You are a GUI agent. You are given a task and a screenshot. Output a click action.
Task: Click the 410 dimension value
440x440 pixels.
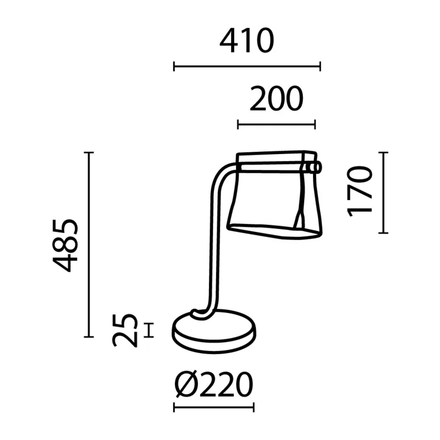(246, 41)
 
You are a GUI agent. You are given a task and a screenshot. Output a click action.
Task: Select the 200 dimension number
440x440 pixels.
(277, 98)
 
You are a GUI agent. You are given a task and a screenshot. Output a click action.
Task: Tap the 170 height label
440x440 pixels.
(360, 191)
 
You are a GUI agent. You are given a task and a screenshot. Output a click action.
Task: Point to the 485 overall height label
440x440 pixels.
(65, 245)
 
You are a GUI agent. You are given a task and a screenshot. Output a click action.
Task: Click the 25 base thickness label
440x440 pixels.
(125, 331)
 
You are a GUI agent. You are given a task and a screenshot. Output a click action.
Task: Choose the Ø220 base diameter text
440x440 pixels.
(214, 384)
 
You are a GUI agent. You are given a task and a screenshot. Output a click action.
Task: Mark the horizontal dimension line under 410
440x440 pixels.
(247, 67)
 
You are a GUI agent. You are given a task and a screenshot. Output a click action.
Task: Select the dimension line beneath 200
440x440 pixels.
(277, 124)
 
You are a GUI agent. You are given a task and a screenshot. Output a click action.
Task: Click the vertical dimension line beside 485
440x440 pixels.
(89, 244)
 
